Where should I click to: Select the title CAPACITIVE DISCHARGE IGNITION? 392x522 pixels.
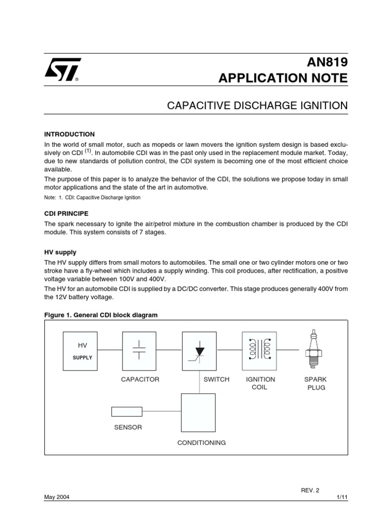click(257, 106)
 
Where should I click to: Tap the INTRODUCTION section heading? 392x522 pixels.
click(69, 134)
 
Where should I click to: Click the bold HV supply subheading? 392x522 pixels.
click(60, 252)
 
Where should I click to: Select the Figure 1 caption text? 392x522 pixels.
click(101, 315)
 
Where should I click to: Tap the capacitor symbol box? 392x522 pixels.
click(139, 351)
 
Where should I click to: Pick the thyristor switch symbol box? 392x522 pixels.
click(200, 351)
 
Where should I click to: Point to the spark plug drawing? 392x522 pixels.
click(315, 350)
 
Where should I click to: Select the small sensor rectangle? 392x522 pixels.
click(127, 411)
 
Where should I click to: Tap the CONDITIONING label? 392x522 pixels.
click(202, 442)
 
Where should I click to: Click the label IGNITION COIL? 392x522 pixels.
click(260, 383)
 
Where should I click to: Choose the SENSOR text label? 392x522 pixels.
click(128, 427)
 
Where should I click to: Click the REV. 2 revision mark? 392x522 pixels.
click(310, 490)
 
